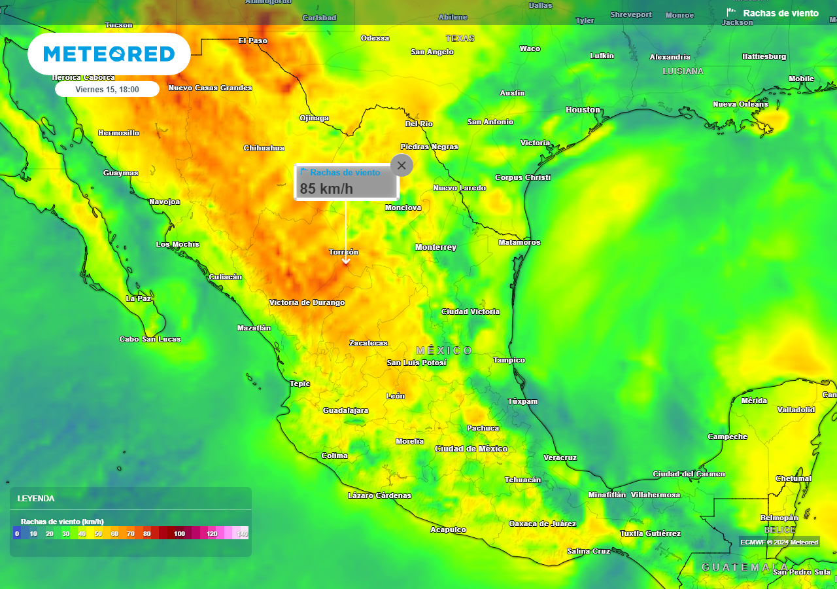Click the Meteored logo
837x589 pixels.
[x=109, y=54]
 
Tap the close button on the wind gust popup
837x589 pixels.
[x=401, y=166]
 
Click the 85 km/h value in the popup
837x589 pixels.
[x=326, y=189]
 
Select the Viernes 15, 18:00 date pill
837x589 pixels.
[x=107, y=89]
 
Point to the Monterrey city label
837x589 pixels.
[x=436, y=247]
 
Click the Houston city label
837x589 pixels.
[x=583, y=110]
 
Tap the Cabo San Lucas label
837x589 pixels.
[x=150, y=339]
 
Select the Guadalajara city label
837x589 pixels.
[x=345, y=410]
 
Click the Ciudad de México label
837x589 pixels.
[x=471, y=448]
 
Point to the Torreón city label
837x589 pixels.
[x=343, y=252]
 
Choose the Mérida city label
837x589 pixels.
[x=754, y=401]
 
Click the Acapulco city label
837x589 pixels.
[x=448, y=529]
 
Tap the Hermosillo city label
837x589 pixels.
[x=118, y=133]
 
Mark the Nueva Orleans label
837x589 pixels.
[x=740, y=104]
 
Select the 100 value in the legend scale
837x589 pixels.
[x=179, y=534]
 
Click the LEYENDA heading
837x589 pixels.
[x=36, y=499]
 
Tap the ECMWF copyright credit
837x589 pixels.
[x=779, y=542]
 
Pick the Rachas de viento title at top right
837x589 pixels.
[x=780, y=13]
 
